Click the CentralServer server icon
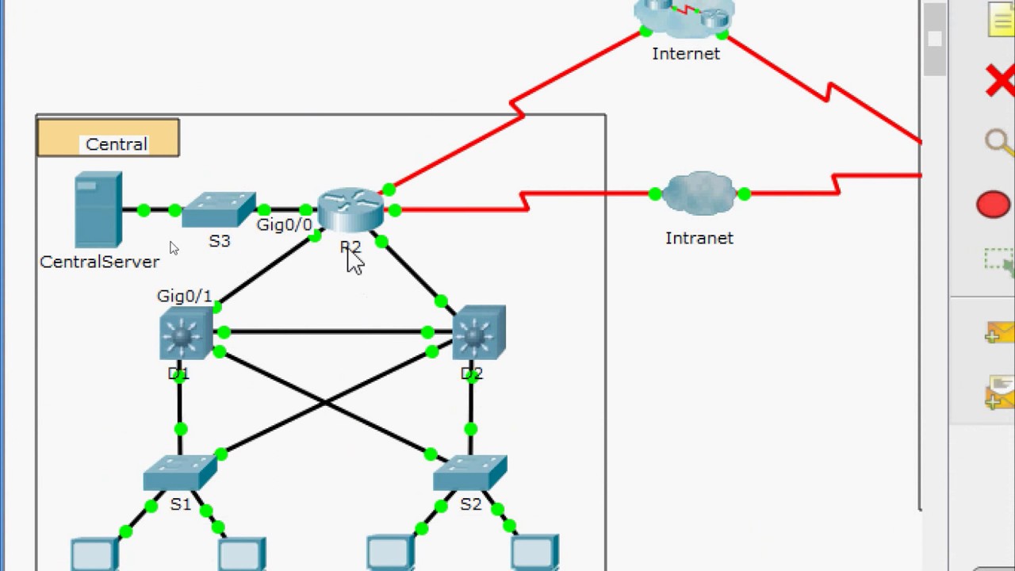(x=98, y=211)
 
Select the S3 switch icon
(x=219, y=210)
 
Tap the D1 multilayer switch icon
(x=185, y=334)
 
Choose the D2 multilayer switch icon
(x=478, y=332)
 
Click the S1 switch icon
(x=180, y=473)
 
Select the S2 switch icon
(x=470, y=473)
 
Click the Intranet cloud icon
(x=699, y=194)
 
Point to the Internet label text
(x=686, y=54)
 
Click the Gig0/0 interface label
(x=284, y=225)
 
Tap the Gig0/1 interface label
(x=184, y=297)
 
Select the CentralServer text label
(x=99, y=263)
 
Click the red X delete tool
(x=999, y=82)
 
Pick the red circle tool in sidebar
(x=993, y=205)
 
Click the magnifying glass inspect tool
(x=998, y=143)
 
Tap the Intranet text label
(x=699, y=239)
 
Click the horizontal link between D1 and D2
(x=325, y=331)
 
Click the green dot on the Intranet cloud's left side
(x=655, y=194)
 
